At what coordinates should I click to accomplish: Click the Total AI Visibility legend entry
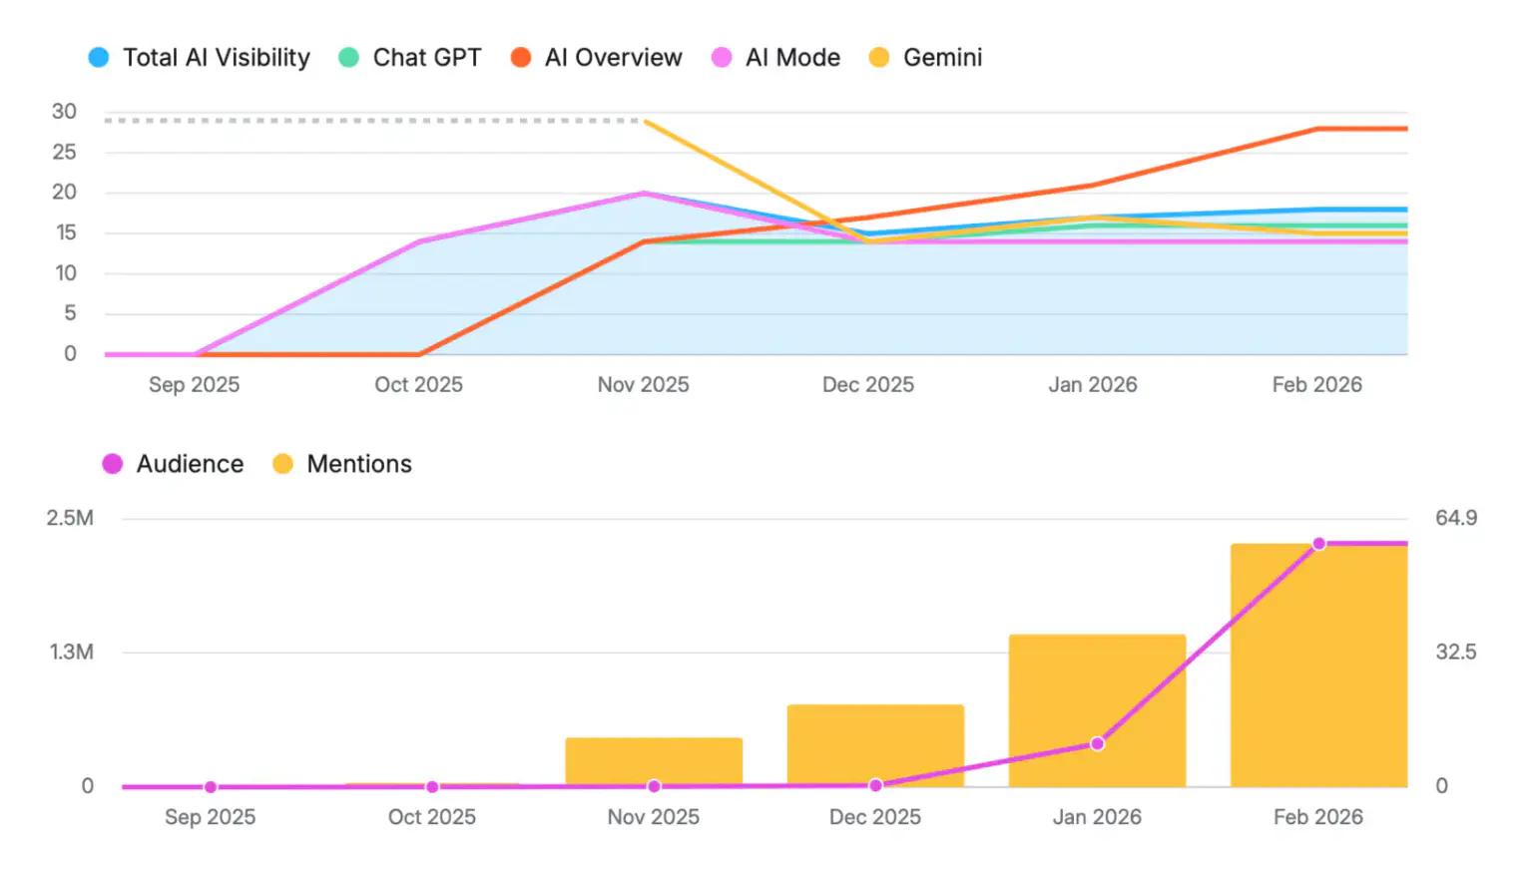point(200,58)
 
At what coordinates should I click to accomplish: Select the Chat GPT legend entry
point(410,58)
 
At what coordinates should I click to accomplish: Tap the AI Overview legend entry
point(597,58)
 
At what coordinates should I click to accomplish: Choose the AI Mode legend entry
point(776,58)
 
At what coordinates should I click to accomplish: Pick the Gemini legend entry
point(926,58)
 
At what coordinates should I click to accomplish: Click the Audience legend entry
point(174,464)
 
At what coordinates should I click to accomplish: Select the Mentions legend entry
point(342,464)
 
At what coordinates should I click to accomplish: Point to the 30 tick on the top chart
point(64,112)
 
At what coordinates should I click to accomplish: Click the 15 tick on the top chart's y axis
point(65,232)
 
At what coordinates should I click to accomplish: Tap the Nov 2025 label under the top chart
point(643,385)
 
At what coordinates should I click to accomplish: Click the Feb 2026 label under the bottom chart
point(1317,817)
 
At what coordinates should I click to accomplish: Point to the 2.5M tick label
point(70,518)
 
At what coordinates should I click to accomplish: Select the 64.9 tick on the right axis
point(1455,518)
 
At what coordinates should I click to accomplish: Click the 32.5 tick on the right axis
point(1455,653)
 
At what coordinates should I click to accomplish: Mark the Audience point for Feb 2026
point(1318,544)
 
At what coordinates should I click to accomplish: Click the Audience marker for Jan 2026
point(1097,743)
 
